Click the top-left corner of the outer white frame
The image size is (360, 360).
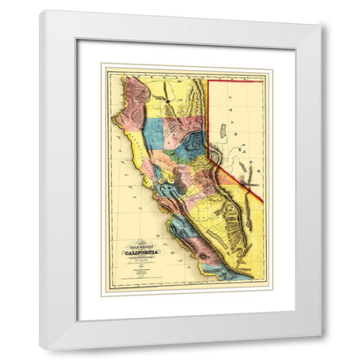[x=40, y=10]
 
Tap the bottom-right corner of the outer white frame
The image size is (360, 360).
[x=322, y=349]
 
